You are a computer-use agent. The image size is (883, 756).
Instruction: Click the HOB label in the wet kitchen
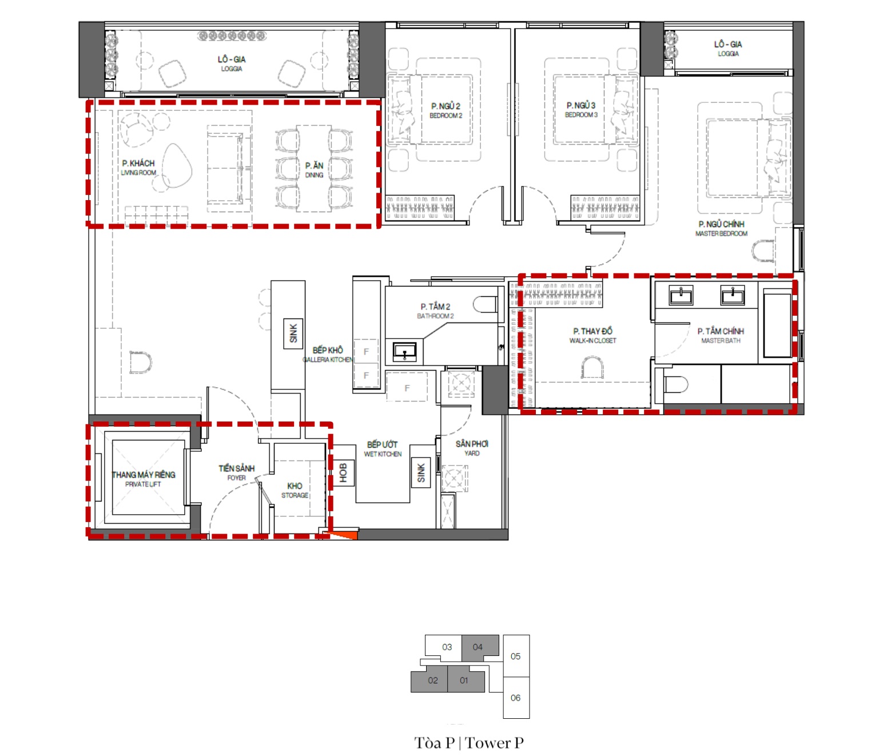[343, 474]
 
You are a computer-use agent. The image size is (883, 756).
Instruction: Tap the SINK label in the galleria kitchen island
[293, 333]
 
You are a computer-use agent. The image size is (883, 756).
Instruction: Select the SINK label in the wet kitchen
[421, 474]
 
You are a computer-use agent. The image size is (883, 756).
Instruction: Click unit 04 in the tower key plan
[480, 647]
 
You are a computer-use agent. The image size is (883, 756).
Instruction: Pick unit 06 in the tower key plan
[516, 698]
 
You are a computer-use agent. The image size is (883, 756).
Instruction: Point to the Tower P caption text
[468, 743]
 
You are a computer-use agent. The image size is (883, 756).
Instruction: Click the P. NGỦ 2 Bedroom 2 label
[446, 110]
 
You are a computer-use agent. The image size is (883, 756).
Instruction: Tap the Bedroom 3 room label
[581, 109]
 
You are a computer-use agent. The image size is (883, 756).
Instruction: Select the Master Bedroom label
[721, 229]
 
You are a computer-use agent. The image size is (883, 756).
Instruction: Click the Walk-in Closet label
[592, 335]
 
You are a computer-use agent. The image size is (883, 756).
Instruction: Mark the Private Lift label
[143, 479]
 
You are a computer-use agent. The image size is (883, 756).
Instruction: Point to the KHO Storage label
[295, 490]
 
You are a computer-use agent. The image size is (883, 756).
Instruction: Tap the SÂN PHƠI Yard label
[472, 448]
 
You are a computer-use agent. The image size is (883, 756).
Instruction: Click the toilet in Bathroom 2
[485, 305]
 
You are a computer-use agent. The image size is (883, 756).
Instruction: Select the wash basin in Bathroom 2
[404, 352]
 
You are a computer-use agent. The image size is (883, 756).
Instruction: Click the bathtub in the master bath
[777, 325]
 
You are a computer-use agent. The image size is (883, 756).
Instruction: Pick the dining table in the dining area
[314, 168]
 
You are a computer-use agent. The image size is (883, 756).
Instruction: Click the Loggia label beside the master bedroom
[728, 48]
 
